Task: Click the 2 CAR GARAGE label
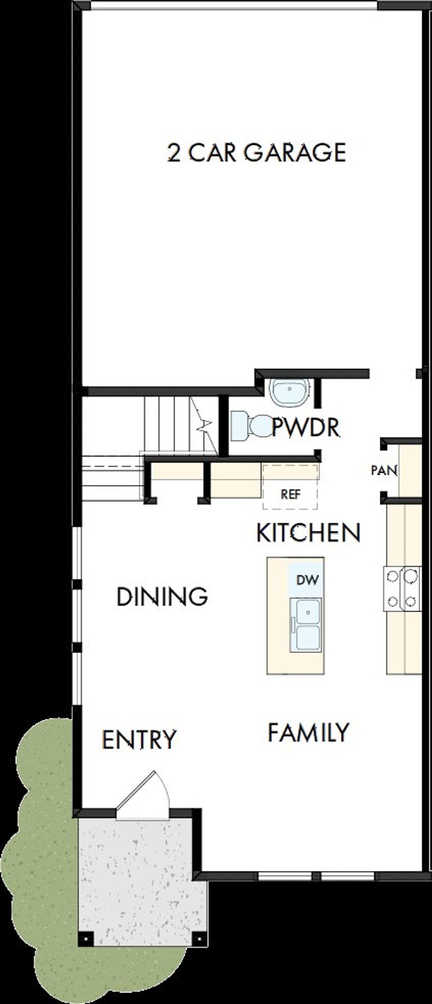[x=256, y=153]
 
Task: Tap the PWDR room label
[x=306, y=427]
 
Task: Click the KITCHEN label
[x=308, y=533]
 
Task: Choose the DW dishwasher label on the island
[x=307, y=580]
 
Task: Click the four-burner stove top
[x=402, y=589]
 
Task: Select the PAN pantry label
[x=384, y=470]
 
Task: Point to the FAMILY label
[x=308, y=732]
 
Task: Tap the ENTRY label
[x=139, y=739]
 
